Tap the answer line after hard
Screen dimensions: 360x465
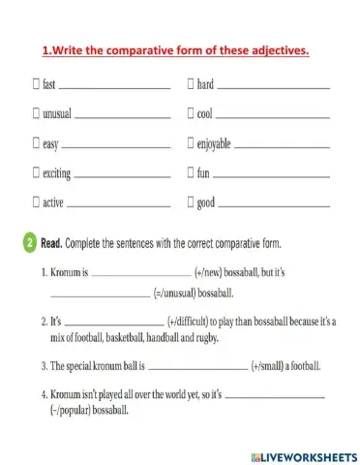coord(272,88)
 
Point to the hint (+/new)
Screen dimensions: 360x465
coord(216,274)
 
